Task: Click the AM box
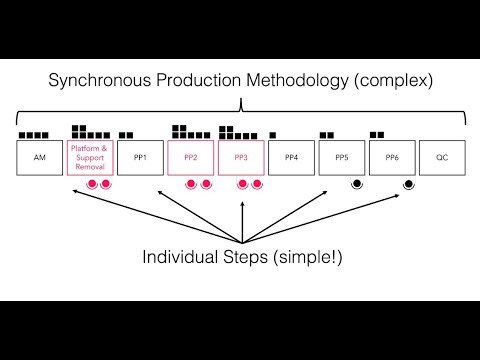[x=41, y=158]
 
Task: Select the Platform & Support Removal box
[x=91, y=158]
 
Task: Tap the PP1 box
[x=141, y=158]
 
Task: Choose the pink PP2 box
[x=191, y=158]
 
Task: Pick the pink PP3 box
[x=241, y=158]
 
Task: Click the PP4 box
[x=291, y=158]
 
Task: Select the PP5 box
[x=342, y=158]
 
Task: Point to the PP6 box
[x=392, y=158]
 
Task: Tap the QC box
[x=442, y=158]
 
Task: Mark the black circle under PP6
[x=408, y=184]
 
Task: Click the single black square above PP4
[x=273, y=134]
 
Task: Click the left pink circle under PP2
[x=191, y=184]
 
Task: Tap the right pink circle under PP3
[x=256, y=184]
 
